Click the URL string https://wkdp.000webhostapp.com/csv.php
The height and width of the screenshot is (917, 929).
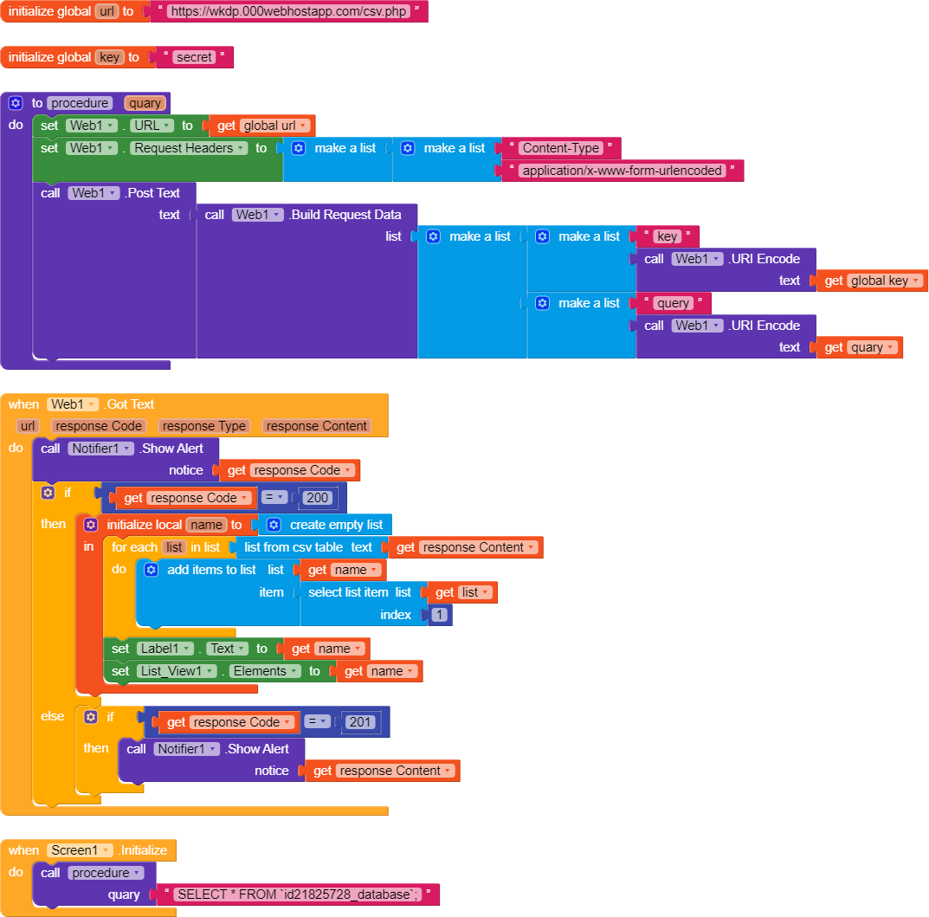[288, 12]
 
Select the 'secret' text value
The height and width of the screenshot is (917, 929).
[194, 57]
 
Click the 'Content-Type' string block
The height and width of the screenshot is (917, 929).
[561, 148]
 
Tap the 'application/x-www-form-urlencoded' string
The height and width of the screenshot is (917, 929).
[623, 171]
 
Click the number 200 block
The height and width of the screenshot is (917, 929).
[318, 498]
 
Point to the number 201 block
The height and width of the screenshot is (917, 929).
[361, 722]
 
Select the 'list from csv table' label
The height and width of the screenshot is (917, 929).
[294, 547]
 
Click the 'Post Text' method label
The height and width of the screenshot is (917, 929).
[152, 193]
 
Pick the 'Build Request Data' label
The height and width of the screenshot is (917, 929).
[345, 215]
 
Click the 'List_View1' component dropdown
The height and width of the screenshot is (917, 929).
[176, 671]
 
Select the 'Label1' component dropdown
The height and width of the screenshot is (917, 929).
[165, 649]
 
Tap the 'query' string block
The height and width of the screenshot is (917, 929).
[673, 303]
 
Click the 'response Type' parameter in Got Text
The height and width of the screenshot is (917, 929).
[204, 426]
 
